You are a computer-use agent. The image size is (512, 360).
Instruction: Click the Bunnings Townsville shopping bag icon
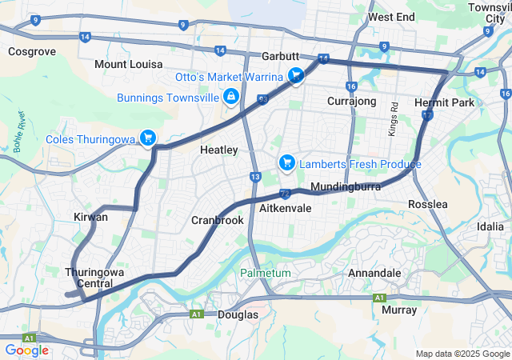coord(231,98)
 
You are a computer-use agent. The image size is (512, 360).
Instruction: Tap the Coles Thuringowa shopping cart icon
coord(147,138)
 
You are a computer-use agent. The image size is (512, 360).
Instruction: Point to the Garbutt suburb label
coord(281,57)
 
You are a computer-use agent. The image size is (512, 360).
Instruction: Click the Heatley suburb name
coord(218,150)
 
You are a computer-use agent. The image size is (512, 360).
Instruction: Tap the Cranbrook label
coord(217,220)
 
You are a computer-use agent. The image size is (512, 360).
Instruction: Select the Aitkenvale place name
coord(286,207)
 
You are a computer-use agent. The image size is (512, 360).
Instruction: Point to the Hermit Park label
coord(445,102)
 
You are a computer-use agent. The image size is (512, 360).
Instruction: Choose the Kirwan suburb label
coord(90,217)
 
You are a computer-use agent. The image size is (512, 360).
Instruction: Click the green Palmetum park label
coord(266,273)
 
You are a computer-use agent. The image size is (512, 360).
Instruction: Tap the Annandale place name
coord(374,273)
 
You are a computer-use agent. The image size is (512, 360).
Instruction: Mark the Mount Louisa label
coord(126,64)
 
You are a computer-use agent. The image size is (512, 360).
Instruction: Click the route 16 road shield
coord(351,86)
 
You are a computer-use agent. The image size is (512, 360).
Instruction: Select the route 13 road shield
coord(255,176)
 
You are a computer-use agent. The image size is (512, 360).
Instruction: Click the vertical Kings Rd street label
coord(394,118)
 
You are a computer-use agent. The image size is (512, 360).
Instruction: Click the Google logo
coord(26,350)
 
